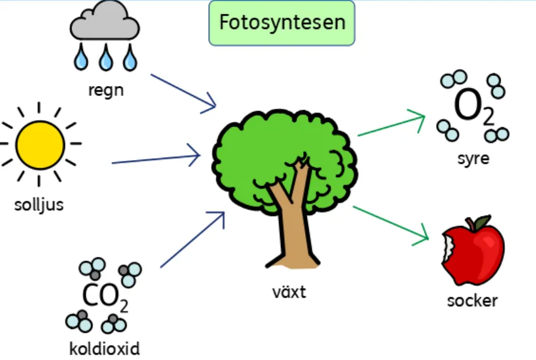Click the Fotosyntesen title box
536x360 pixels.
tap(282, 23)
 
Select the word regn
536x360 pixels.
tap(106, 89)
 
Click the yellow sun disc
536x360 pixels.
tap(40, 144)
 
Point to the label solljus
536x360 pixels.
tap(39, 205)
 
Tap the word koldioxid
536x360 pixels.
tap(104, 348)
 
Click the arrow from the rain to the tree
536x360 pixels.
tap(184, 93)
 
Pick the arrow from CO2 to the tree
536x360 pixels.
tap(193, 240)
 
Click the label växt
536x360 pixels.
tap(289, 292)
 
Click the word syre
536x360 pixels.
tap(473, 158)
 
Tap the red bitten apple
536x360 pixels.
tap(475, 250)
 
